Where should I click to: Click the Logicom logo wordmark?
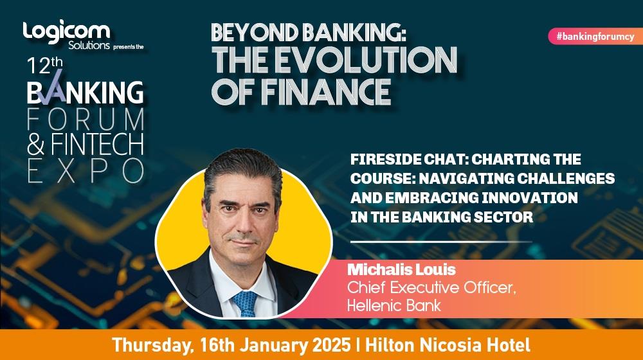66,32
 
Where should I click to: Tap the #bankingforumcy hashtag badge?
595,37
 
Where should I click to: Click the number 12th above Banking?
45,65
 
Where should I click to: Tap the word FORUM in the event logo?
86,120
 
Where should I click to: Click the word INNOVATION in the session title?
529,197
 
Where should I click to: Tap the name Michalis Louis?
401,270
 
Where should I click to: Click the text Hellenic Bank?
394,305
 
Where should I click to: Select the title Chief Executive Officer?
431,287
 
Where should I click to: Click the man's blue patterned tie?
245,303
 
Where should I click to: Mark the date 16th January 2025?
275,345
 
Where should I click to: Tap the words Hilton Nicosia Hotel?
448,345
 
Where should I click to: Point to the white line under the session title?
441,242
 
